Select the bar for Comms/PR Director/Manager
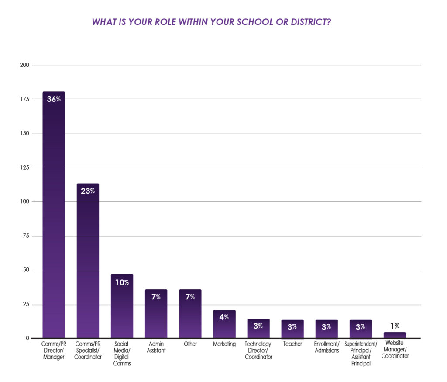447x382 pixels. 53,214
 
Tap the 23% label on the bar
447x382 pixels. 88,191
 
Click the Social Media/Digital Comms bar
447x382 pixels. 122,306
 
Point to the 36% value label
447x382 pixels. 53,99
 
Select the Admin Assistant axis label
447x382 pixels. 156,347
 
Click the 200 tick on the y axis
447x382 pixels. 24,65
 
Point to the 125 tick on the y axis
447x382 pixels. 24,167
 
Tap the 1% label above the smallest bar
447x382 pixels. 395,326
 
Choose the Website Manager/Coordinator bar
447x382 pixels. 395,335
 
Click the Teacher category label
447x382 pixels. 292,344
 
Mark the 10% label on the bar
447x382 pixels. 122,282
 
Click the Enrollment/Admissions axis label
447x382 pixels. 327,347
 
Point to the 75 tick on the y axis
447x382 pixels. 26,236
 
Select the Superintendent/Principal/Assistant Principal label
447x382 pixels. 361,354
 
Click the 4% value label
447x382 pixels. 224,317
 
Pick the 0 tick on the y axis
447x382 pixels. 27,338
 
